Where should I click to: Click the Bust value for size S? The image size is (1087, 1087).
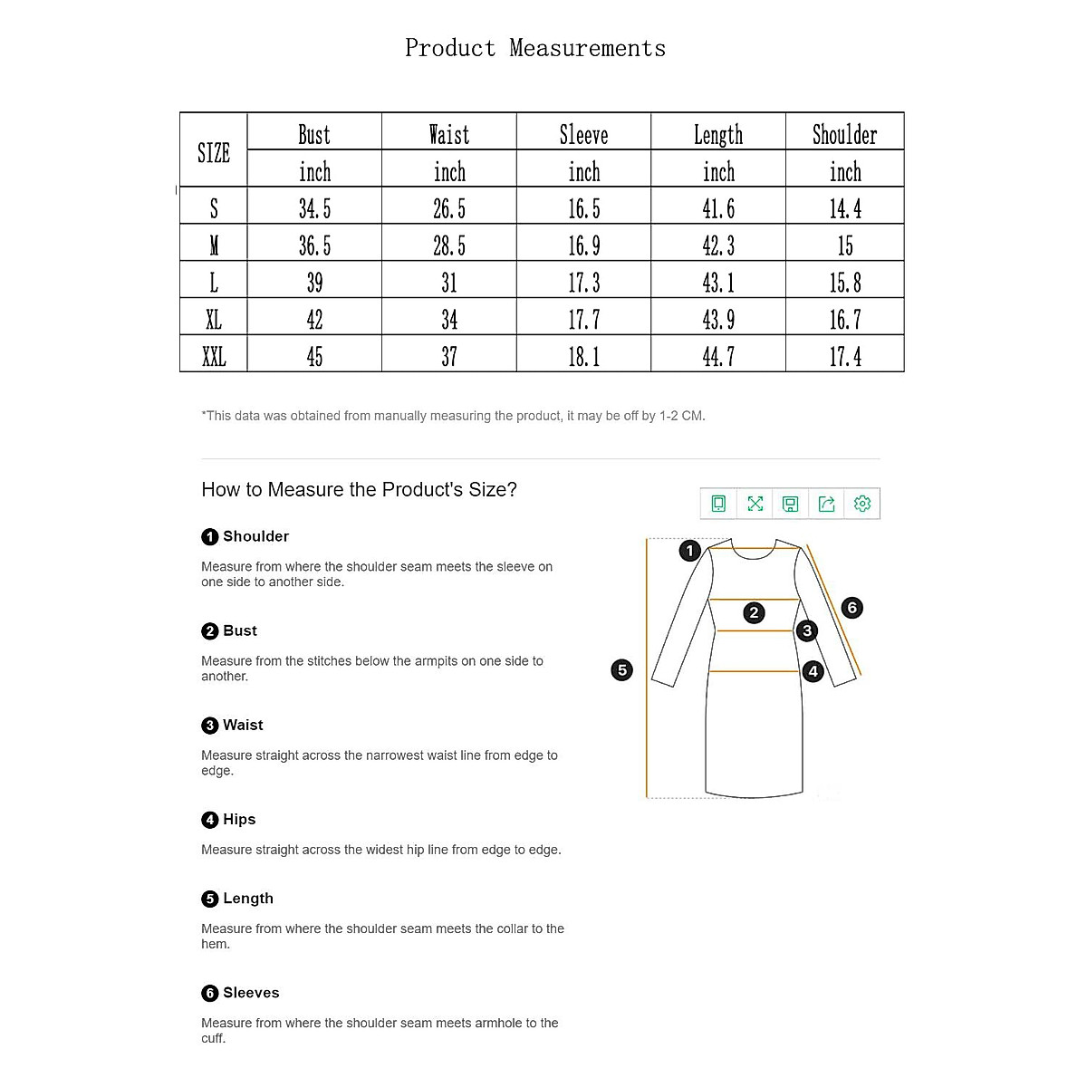pyautogui.click(x=314, y=209)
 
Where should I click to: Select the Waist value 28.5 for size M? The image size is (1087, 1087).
pyautogui.click(x=449, y=245)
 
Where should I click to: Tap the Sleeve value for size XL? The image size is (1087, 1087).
pyautogui.click(x=584, y=320)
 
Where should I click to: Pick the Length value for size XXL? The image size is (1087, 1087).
pyautogui.click(x=718, y=357)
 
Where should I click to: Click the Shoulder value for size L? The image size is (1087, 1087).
pyautogui.click(x=845, y=283)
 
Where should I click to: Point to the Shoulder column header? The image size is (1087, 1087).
pyautogui.click(x=844, y=135)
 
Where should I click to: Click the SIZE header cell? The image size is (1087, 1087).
pyautogui.click(x=214, y=153)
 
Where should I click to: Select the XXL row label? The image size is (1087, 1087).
pyautogui.click(x=214, y=357)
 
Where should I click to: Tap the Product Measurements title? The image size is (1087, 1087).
pyautogui.click(x=535, y=48)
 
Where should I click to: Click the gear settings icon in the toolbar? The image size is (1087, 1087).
pyautogui.click(x=862, y=504)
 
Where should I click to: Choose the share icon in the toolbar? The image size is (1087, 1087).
pyautogui.click(x=826, y=504)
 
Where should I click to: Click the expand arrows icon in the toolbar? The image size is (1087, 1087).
pyautogui.click(x=755, y=504)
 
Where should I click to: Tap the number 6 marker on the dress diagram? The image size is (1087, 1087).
pyautogui.click(x=851, y=608)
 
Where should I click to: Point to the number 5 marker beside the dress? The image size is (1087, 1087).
pyautogui.click(x=621, y=670)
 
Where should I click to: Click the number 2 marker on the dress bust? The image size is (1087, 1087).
pyautogui.click(x=754, y=613)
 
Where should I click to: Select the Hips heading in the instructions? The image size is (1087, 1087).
pyautogui.click(x=239, y=819)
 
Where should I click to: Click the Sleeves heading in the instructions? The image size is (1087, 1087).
pyautogui.click(x=251, y=993)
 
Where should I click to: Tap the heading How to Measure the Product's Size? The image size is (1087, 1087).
pyautogui.click(x=359, y=490)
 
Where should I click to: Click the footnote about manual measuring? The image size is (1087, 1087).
pyautogui.click(x=453, y=416)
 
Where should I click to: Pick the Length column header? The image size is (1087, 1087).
pyautogui.click(x=718, y=135)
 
